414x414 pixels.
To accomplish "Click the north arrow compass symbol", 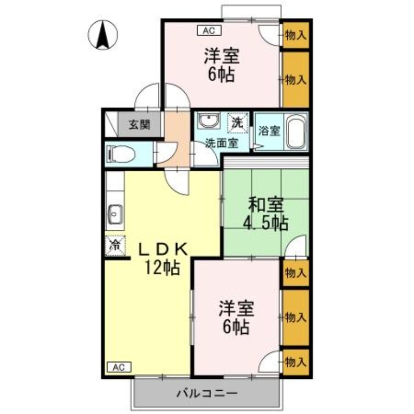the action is click(x=103, y=35).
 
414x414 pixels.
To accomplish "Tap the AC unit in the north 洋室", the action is click(x=209, y=31).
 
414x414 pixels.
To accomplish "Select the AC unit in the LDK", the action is click(x=119, y=367).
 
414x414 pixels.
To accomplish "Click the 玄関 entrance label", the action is click(x=140, y=125).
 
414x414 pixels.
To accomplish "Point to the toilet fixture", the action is click(x=121, y=154).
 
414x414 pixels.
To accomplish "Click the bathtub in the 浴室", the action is click(x=297, y=132).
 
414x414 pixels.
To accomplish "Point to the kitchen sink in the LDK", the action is click(x=115, y=214).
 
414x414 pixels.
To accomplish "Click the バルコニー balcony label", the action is click(x=207, y=393).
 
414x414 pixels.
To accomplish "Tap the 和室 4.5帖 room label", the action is click(x=265, y=214).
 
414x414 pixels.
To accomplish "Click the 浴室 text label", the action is click(x=269, y=131).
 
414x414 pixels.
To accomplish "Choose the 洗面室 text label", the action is click(x=222, y=143).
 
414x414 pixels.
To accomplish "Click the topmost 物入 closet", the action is click(x=296, y=35).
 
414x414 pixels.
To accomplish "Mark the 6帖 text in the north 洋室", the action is click(x=221, y=75).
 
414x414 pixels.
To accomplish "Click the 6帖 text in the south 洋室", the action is click(x=235, y=327).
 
